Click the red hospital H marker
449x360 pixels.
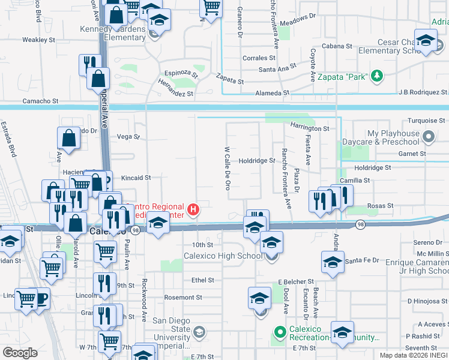(x=193, y=209)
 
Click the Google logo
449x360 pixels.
(x=20, y=353)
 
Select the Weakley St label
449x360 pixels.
(x=38, y=40)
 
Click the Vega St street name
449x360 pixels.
(x=128, y=136)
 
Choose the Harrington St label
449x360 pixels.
(x=310, y=128)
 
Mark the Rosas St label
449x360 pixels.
(x=381, y=206)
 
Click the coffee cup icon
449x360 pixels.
(x=41, y=298)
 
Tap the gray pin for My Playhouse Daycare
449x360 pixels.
(x=428, y=137)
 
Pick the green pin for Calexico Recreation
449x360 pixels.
(x=279, y=331)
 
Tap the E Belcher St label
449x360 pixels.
(x=296, y=281)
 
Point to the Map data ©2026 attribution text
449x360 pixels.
(x=414, y=355)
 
